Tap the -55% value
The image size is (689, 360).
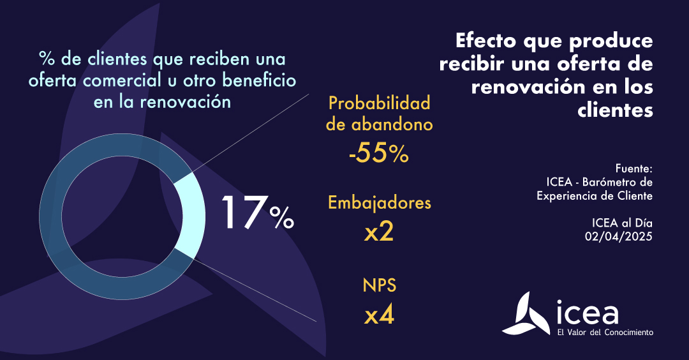(378, 153)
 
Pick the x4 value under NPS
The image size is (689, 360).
(379, 315)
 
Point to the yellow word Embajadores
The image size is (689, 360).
(379, 203)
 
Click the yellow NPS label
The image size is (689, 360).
(379, 285)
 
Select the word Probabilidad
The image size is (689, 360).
(379, 102)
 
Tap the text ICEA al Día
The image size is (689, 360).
(621, 222)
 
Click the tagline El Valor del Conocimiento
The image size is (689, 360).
(605, 333)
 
